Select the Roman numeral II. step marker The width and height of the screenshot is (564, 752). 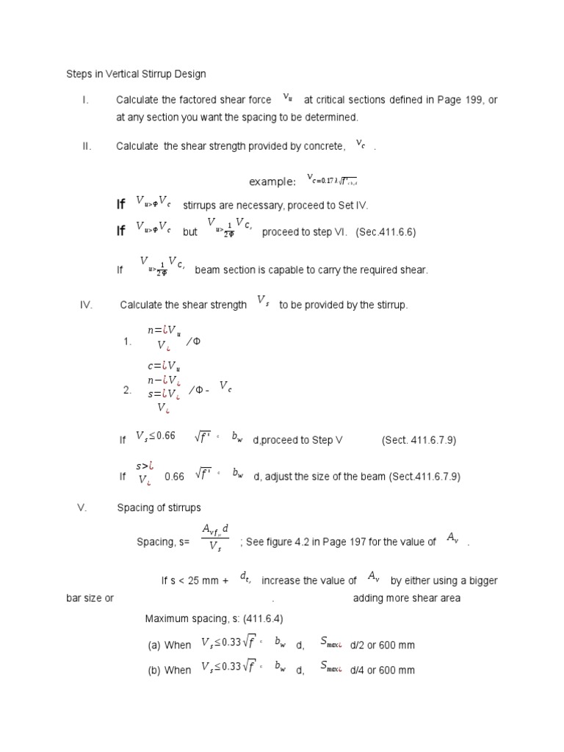point(87,146)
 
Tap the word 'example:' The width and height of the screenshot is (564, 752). point(272,182)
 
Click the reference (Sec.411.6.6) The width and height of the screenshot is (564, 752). point(386,232)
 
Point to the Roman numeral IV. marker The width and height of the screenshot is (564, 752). point(85,305)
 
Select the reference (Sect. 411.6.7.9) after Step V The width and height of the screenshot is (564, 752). point(419,440)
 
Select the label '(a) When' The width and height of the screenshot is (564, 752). point(169,646)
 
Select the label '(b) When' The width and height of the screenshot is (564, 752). point(169,670)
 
